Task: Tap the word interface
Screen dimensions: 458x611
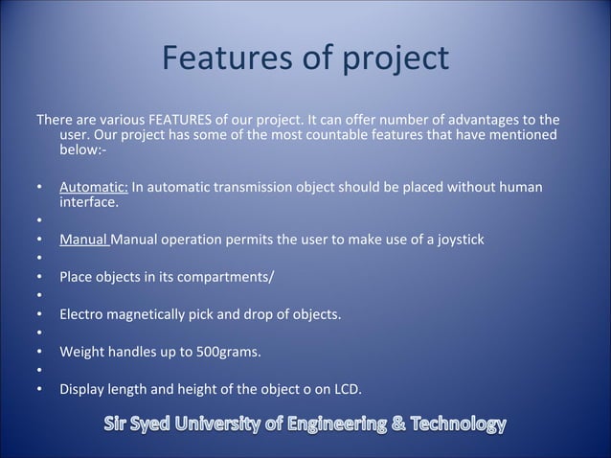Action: [x=89, y=203]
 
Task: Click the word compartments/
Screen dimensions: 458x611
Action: [x=231, y=277]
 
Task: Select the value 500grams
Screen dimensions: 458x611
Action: [x=225, y=352]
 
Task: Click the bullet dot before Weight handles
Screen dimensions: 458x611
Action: [x=38, y=352]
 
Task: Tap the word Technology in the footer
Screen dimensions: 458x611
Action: [x=456, y=424]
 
